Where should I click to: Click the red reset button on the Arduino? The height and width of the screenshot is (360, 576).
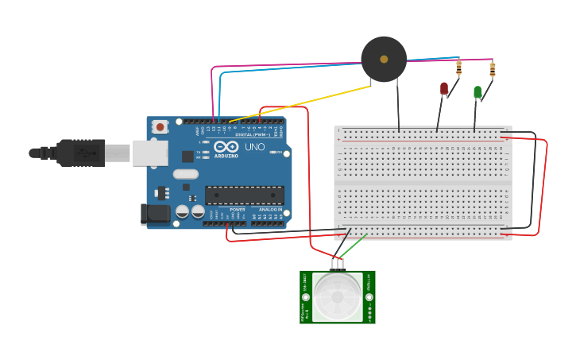[160, 126]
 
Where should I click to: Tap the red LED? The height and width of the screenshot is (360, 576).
[444, 88]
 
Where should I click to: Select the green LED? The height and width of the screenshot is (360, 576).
[477, 92]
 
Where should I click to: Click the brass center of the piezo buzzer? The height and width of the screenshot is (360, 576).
[384, 60]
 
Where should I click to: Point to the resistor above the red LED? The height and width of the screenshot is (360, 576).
[458, 68]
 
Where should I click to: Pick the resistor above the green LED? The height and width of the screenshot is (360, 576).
[492, 70]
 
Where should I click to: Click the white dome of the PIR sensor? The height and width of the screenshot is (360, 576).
[338, 296]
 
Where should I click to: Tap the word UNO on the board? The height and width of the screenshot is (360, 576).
[255, 147]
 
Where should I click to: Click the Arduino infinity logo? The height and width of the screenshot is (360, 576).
[226, 147]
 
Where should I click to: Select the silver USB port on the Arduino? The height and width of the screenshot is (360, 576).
[150, 153]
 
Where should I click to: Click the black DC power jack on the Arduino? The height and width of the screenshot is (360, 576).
[154, 213]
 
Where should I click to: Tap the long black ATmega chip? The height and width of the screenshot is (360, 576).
[244, 195]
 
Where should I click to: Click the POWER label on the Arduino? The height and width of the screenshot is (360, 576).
[237, 209]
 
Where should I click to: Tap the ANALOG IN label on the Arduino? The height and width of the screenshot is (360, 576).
[269, 209]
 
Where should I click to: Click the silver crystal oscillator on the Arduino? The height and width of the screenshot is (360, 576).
[185, 174]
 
